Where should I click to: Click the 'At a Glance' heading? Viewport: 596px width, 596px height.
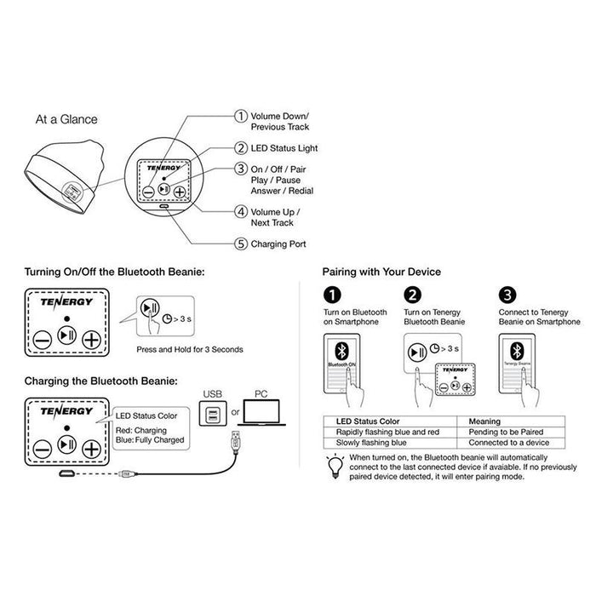click(x=66, y=119)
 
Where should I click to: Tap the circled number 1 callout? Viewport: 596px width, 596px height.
click(x=241, y=116)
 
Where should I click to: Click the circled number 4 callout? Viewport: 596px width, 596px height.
click(x=241, y=210)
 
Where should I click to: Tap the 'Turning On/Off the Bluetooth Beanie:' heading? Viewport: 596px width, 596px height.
click(x=115, y=272)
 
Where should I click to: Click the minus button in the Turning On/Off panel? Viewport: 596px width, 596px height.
click(x=42, y=338)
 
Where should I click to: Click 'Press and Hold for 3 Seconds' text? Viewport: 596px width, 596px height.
click(x=190, y=350)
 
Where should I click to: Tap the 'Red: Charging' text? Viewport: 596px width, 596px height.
click(x=141, y=432)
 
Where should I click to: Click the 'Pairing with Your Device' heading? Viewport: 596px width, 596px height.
click(x=381, y=272)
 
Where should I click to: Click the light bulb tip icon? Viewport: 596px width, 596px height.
click(x=334, y=464)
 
